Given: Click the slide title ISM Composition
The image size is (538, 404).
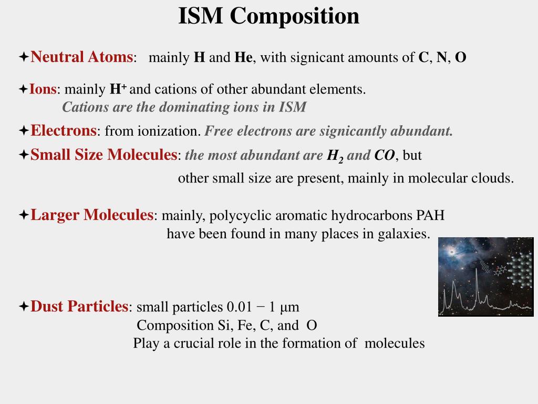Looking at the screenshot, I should pos(268,16).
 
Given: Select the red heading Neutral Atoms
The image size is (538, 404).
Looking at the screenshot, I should pos(81,57).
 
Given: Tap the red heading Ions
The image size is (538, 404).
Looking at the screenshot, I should pos(43,89).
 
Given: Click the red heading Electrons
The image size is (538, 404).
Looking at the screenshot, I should pos(64,130).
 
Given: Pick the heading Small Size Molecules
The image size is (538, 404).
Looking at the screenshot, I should pos(104,155).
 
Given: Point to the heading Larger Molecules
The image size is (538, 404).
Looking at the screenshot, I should pos(91,215).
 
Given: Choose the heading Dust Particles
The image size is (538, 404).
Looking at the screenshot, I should pos(79,307).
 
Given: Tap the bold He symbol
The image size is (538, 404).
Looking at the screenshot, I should pos(243,57).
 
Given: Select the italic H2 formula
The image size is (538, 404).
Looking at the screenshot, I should pos(335,156).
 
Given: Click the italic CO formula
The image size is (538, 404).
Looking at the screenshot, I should pos(385,156).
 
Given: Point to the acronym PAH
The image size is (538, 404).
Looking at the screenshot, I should pos(430,216).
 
